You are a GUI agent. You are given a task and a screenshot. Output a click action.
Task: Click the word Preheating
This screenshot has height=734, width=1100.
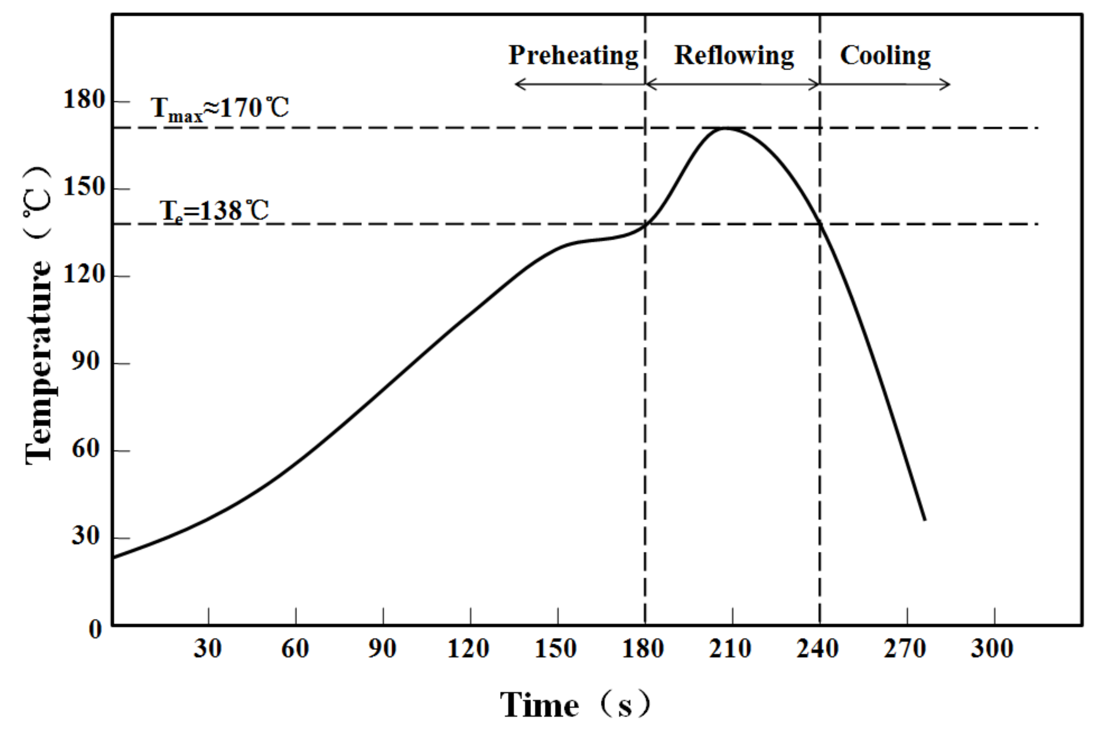coord(573,56)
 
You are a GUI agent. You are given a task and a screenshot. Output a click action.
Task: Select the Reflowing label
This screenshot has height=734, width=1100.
coord(733,56)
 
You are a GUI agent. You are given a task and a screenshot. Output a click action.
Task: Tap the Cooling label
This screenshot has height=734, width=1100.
coord(885,56)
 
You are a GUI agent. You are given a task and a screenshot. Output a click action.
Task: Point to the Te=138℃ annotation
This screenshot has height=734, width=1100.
coord(214,210)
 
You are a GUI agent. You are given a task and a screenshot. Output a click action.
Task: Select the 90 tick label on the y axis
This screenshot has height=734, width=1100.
coord(86,361)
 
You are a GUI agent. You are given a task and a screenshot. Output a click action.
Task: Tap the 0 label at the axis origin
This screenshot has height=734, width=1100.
coord(95,630)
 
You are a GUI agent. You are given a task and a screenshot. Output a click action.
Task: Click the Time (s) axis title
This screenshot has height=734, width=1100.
coord(575,704)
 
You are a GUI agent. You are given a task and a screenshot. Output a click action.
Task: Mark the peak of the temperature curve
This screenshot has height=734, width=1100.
coord(725,128)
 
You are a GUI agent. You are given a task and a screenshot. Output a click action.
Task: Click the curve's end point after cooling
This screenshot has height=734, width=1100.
coord(925,520)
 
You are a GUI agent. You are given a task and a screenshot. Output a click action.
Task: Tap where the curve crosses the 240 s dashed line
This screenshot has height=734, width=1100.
coord(820,224)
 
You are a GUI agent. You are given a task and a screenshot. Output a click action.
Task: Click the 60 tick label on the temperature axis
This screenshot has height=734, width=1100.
coord(86,449)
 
